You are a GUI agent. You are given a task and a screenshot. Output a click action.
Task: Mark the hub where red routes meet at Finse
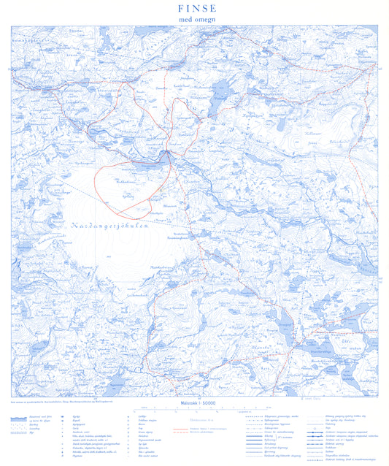(x=167, y=152)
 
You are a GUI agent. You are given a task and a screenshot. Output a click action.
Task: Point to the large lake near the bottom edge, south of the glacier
(x=117, y=383)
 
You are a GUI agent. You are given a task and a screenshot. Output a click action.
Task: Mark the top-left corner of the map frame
(x=11, y=26)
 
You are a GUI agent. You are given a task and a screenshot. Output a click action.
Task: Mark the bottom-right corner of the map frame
(x=380, y=397)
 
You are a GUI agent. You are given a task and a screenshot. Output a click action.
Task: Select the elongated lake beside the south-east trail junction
(x=296, y=343)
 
